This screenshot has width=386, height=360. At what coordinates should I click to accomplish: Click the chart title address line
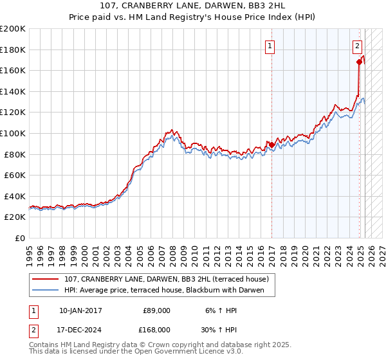[x=193, y=6]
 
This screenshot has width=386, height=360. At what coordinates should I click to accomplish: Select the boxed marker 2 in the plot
[x=357, y=46]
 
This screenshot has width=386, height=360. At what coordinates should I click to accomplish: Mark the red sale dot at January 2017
[x=271, y=145]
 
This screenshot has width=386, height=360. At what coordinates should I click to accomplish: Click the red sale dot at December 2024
[x=359, y=62]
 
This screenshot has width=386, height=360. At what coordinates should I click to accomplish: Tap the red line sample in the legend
[x=45, y=279]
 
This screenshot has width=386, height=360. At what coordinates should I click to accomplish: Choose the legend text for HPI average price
[x=169, y=291]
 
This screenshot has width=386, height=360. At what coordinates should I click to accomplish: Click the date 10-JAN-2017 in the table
[x=80, y=310]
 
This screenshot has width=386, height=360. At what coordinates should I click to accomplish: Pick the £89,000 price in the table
[x=156, y=310]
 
